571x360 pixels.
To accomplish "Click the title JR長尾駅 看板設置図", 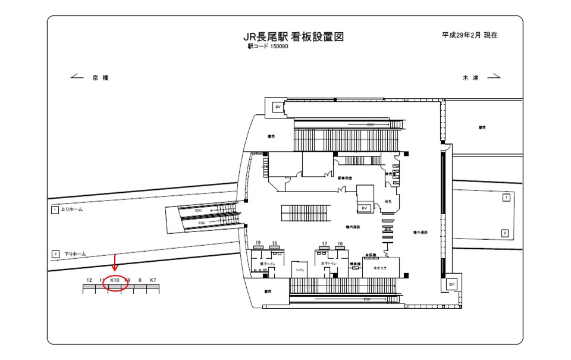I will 294,37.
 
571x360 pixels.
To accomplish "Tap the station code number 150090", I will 279,47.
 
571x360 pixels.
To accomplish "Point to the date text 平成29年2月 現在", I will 469,35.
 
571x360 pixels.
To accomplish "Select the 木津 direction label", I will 470,77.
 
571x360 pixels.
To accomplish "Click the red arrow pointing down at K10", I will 115,262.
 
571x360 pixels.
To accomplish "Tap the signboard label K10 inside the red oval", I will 115,280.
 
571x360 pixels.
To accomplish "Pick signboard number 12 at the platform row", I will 89,280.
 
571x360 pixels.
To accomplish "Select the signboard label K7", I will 153,280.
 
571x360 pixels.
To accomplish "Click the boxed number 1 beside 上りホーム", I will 55,210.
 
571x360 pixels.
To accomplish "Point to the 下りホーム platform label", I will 75,254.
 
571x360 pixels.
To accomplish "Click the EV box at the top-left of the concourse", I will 277,107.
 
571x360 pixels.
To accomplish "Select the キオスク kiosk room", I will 379,268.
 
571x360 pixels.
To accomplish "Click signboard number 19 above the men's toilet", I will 259,243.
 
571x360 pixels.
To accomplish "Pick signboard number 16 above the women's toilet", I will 340,243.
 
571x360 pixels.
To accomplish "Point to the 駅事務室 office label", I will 346,178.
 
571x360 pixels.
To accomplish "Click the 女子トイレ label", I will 329,262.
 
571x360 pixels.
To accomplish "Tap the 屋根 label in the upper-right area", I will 482,127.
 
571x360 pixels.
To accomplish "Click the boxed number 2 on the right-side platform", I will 505,233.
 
